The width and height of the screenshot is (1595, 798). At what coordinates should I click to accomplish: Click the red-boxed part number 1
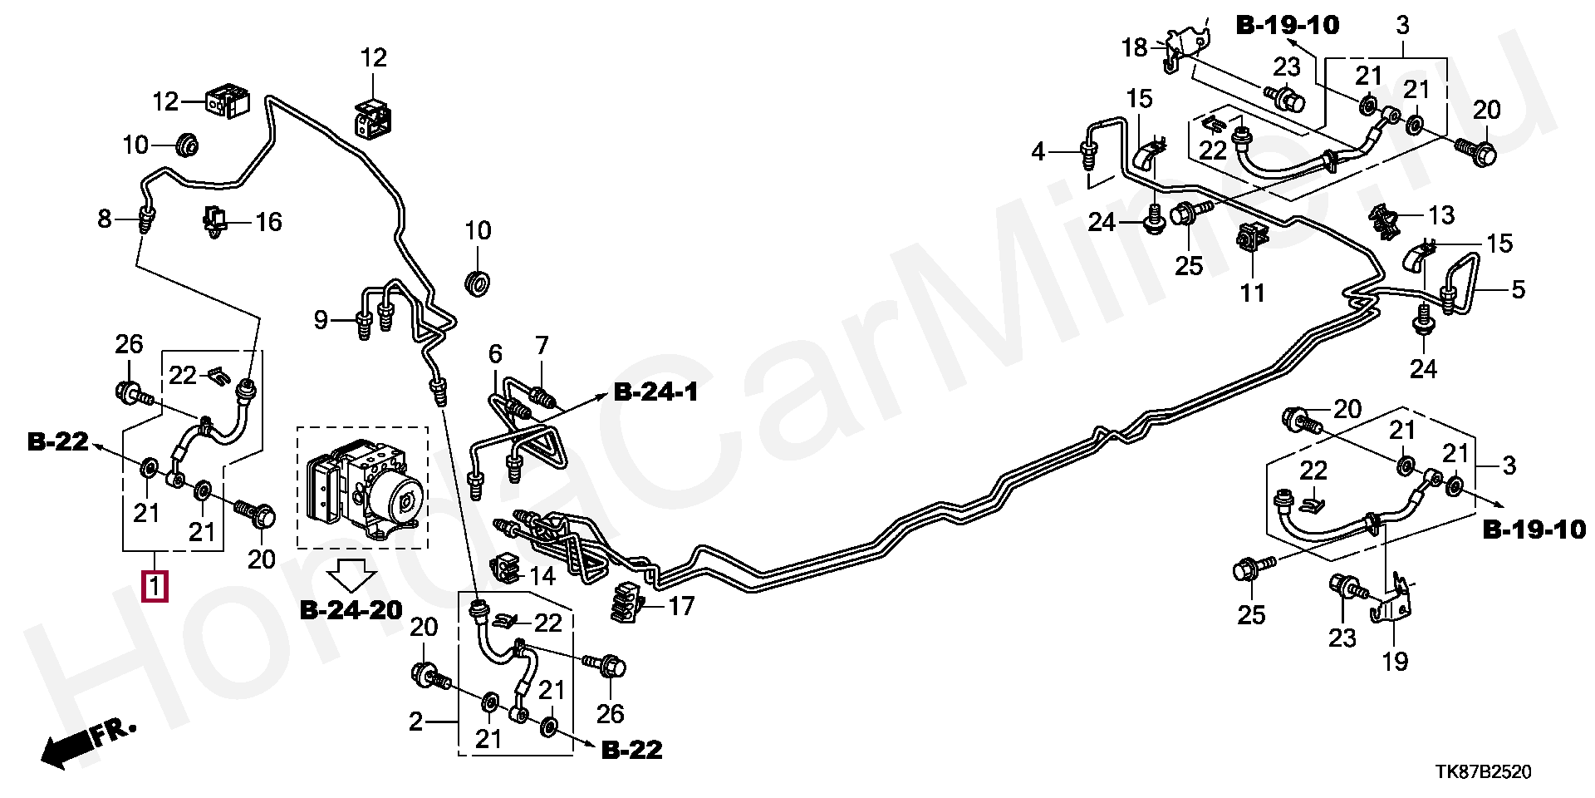click(x=155, y=586)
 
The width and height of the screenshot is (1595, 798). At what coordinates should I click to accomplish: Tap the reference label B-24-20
click(x=351, y=611)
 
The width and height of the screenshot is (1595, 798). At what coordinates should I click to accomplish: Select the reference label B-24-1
click(x=656, y=392)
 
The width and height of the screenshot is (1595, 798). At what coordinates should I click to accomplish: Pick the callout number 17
click(x=681, y=606)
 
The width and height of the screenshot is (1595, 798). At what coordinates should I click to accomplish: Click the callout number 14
click(x=542, y=575)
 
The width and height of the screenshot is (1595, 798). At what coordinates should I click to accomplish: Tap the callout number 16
click(x=268, y=222)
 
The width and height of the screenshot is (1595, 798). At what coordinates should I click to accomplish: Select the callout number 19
click(x=1395, y=661)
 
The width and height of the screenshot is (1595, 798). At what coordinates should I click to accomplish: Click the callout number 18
click(x=1134, y=47)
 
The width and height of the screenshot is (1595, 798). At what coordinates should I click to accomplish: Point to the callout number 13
click(x=1441, y=215)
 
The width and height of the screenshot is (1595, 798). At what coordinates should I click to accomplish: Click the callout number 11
click(x=1252, y=293)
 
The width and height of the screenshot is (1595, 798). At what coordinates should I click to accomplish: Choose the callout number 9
click(x=321, y=319)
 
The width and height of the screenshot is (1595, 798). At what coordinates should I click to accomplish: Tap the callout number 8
click(x=104, y=219)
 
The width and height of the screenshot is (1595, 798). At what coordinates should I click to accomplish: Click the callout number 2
click(x=415, y=722)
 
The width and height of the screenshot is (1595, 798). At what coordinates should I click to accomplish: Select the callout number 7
click(x=542, y=345)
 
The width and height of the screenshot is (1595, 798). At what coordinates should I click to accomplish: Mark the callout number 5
click(x=1518, y=290)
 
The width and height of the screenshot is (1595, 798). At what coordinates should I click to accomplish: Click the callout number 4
click(x=1038, y=152)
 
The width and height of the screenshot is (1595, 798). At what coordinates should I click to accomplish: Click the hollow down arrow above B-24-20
click(x=352, y=574)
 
